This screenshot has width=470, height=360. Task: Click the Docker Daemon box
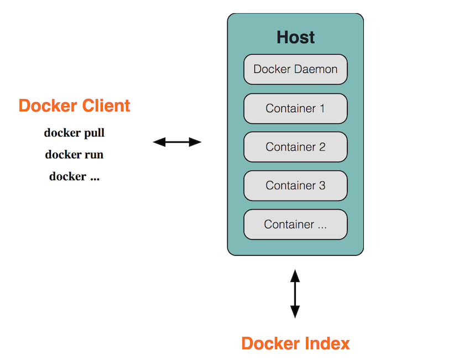click(295, 70)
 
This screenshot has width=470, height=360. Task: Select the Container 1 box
click(295, 108)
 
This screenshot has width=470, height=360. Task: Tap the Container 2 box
click(295, 147)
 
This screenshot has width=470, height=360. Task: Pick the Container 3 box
click(295, 186)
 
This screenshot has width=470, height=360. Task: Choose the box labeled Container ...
click(295, 225)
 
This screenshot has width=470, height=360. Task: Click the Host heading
click(295, 38)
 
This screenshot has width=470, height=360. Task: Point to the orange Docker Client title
click(75, 106)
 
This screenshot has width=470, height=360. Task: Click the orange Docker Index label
click(295, 343)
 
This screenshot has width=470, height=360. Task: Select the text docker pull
click(74, 133)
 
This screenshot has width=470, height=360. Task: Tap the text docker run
click(74, 155)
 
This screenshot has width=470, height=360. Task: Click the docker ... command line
click(74, 177)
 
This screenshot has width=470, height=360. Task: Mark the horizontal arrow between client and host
click(177, 142)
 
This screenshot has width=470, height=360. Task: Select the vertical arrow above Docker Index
click(295, 294)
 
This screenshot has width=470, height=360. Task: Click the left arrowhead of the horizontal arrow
click(159, 142)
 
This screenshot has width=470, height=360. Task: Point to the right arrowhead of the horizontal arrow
click(195, 142)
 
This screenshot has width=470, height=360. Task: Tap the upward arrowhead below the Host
click(295, 275)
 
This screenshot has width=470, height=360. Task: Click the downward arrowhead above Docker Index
click(295, 312)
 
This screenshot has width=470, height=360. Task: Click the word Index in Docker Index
click(327, 343)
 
